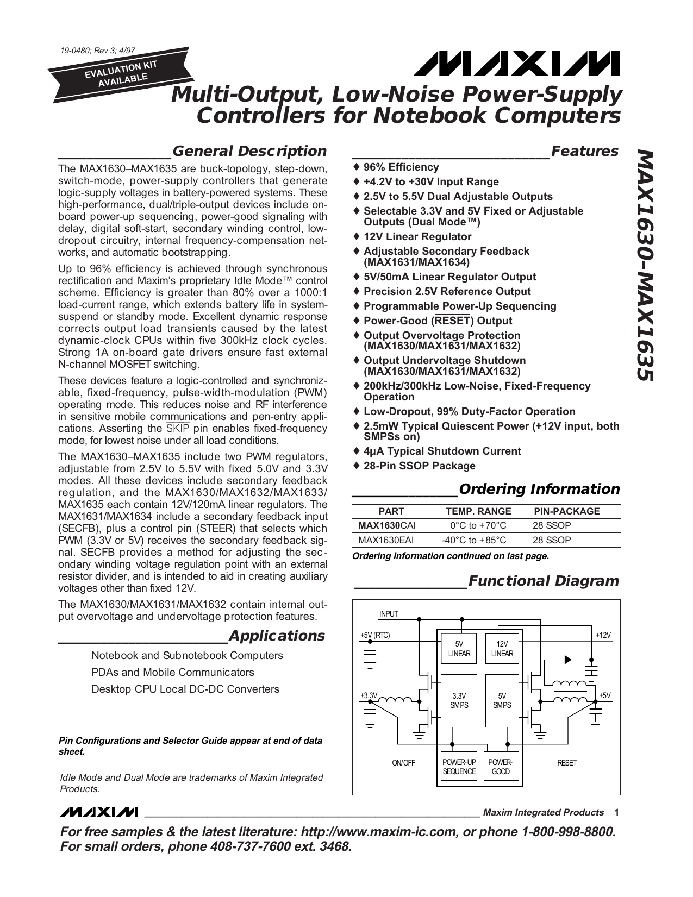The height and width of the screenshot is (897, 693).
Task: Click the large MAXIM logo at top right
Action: pyautogui.click(x=515, y=64)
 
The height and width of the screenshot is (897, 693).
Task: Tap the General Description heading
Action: pyautogui.click(x=249, y=151)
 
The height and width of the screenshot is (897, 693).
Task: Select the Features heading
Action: pyautogui.click(x=584, y=151)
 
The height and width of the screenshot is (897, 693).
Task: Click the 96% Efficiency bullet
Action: pyautogui.click(x=401, y=167)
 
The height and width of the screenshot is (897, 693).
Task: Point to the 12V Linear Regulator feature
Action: pyautogui.click(x=417, y=236)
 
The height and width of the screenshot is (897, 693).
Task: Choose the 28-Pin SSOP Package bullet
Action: pyautogui.click(x=419, y=466)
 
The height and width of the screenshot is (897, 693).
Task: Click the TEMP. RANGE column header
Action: pyautogui.click(x=478, y=511)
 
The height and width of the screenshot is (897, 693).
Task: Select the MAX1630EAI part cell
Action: pyautogui.click(x=386, y=540)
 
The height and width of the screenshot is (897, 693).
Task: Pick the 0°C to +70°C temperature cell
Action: pyautogui.click(x=478, y=525)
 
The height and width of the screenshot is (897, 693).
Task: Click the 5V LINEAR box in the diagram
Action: pyautogui.click(x=459, y=649)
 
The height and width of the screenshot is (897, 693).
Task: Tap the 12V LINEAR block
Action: pyautogui.click(x=502, y=649)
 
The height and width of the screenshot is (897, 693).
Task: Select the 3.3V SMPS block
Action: pyautogui.click(x=459, y=700)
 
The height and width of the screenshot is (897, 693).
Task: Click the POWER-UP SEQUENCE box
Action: pyautogui.click(x=459, y=767)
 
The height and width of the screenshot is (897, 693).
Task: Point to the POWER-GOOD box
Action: pyautogui.click(x=501, y=767)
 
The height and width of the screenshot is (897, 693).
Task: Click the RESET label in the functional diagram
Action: pyautogui.click(x=566, y=763)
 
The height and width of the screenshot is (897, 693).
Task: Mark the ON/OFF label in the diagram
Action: pyautogui.click(x=403, y=763)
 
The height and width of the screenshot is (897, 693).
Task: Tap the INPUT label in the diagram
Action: pyautogui.click(x=389, y=614)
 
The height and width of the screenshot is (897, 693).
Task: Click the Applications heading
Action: pyautogui.click(x=277, y=636)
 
